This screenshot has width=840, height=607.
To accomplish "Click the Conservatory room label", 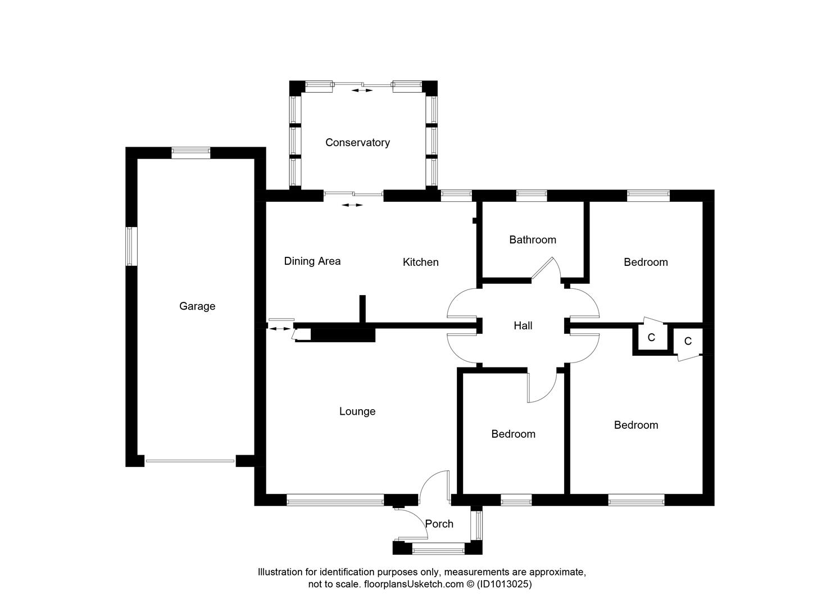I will (x=357, y=143).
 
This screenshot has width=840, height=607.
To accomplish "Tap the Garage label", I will (x=197, y=306).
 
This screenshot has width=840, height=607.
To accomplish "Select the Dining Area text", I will (x=312, y=261).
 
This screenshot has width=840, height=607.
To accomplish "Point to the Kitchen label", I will (x=420, y=262).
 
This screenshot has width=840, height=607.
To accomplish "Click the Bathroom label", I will (x=532, y=240).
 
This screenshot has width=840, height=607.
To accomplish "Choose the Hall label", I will (x=523, y=325).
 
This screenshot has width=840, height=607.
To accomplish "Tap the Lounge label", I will (x=357, y=411).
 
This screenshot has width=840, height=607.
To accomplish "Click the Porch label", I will (x=439, y=524).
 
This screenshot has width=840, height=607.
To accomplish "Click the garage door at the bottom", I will (x=190, y=461).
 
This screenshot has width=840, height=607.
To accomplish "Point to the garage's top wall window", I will (x=190, y=152).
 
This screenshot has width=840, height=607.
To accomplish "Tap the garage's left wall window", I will (x=131, y=246).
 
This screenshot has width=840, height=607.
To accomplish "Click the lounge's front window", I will (x=335, y=499).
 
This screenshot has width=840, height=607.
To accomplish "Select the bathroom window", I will (x=531, y=195).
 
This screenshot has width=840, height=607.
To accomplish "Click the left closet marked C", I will (x=651, y=338).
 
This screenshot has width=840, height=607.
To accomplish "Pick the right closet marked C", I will (x=687, y=341).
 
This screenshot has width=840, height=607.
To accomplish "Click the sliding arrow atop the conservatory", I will (x=362, y=90).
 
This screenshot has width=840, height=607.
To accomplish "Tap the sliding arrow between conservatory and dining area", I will (x=352, y=205).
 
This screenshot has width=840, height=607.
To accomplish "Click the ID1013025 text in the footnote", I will (x=504, y=584).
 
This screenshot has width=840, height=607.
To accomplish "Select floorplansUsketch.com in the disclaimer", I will (x=414, y=584).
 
